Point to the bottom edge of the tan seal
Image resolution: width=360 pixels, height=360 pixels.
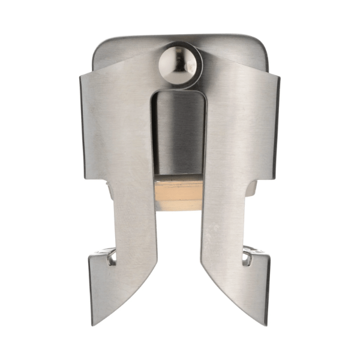178,209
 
